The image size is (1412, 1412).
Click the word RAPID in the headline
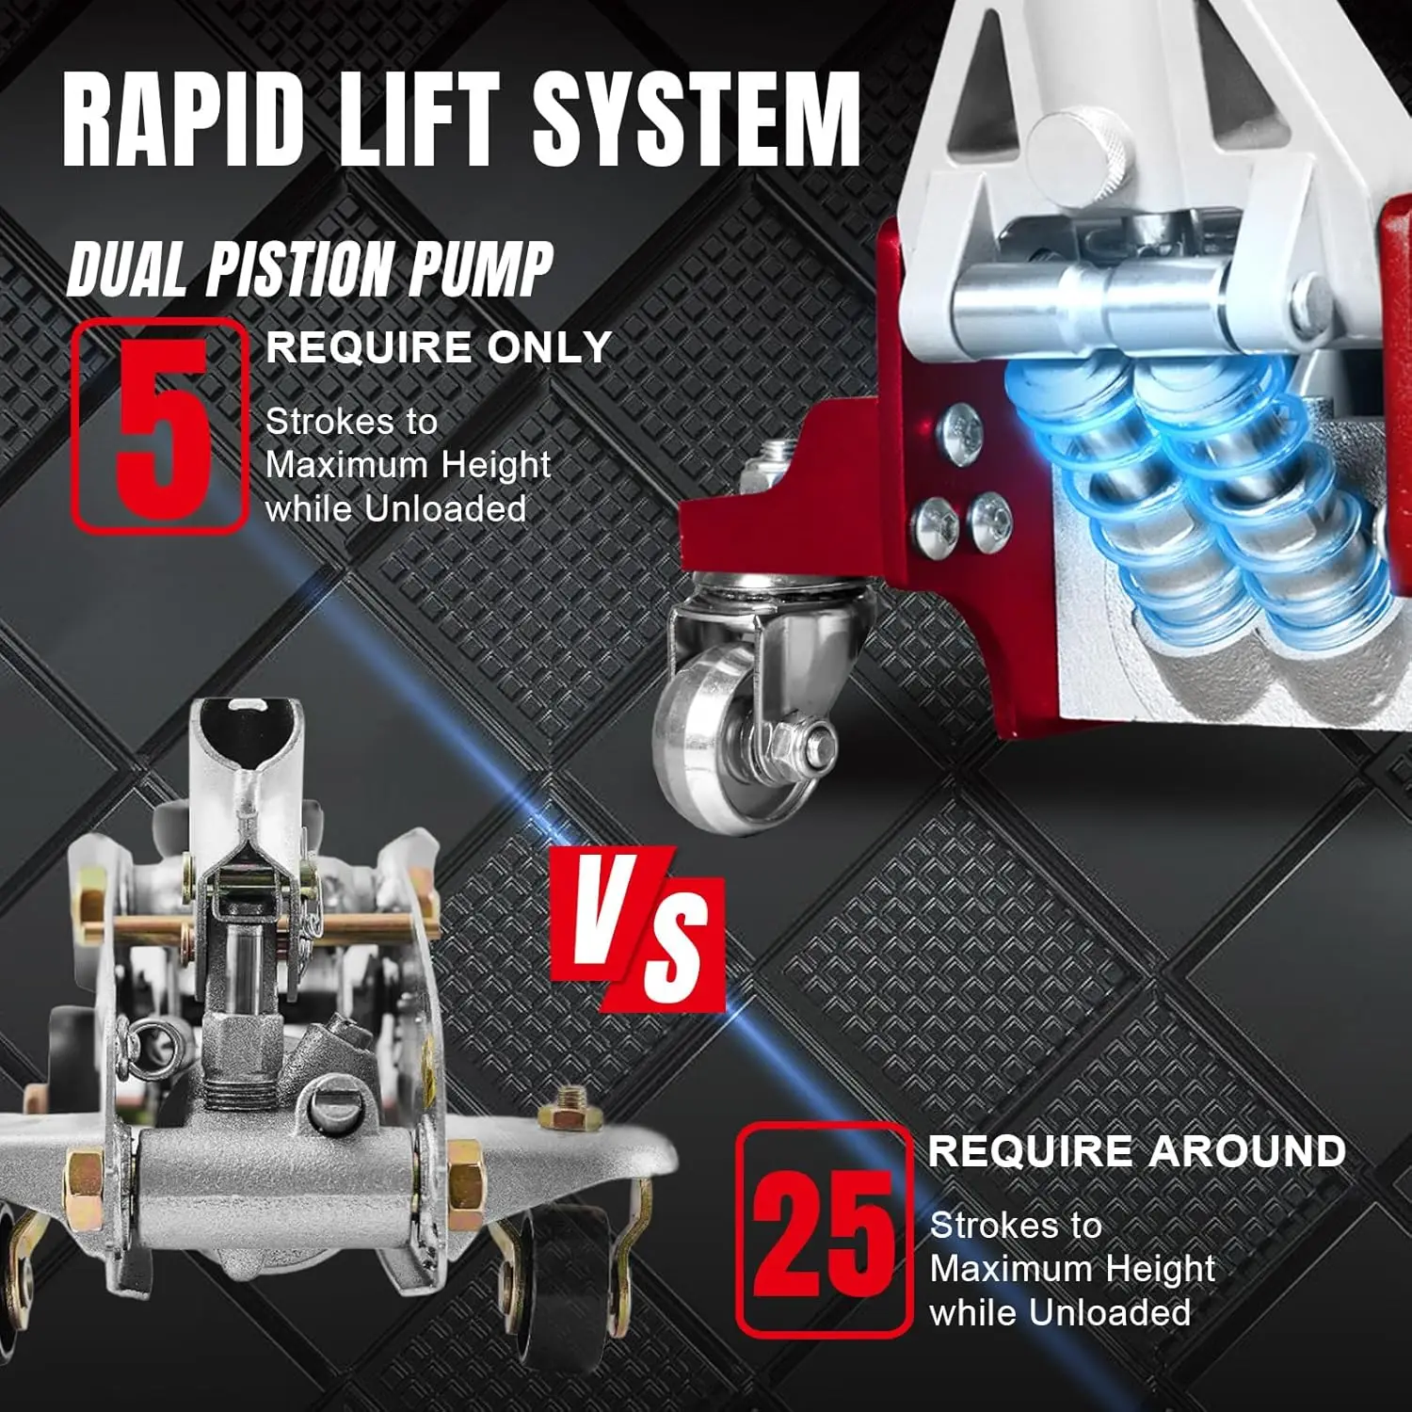(184, 120)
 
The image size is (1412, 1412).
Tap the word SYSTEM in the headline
(697, 120)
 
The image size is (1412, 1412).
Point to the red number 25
(823, 1233)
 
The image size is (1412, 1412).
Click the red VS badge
(638, 927)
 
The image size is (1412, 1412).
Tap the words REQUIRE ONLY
(439, 348)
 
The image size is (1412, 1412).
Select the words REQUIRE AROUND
(1136, 1151)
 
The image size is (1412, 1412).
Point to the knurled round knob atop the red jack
(1073, 155)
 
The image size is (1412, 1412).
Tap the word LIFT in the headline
(419, 120)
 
